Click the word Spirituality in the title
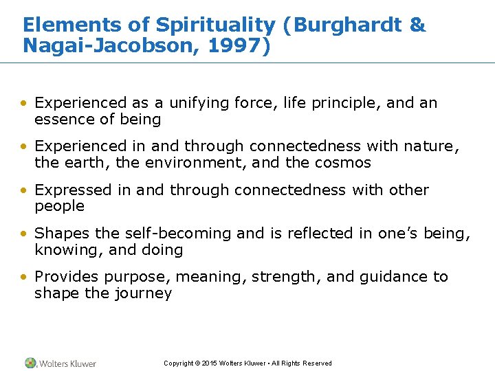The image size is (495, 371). pos(214,25)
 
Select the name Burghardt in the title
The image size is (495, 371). pos(355,25)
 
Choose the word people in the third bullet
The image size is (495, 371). pos(59,207)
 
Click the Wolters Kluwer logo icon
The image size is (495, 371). pos(30,363)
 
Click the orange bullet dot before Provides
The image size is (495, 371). pos(25,277)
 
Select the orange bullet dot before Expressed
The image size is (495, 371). pos(25,190)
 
